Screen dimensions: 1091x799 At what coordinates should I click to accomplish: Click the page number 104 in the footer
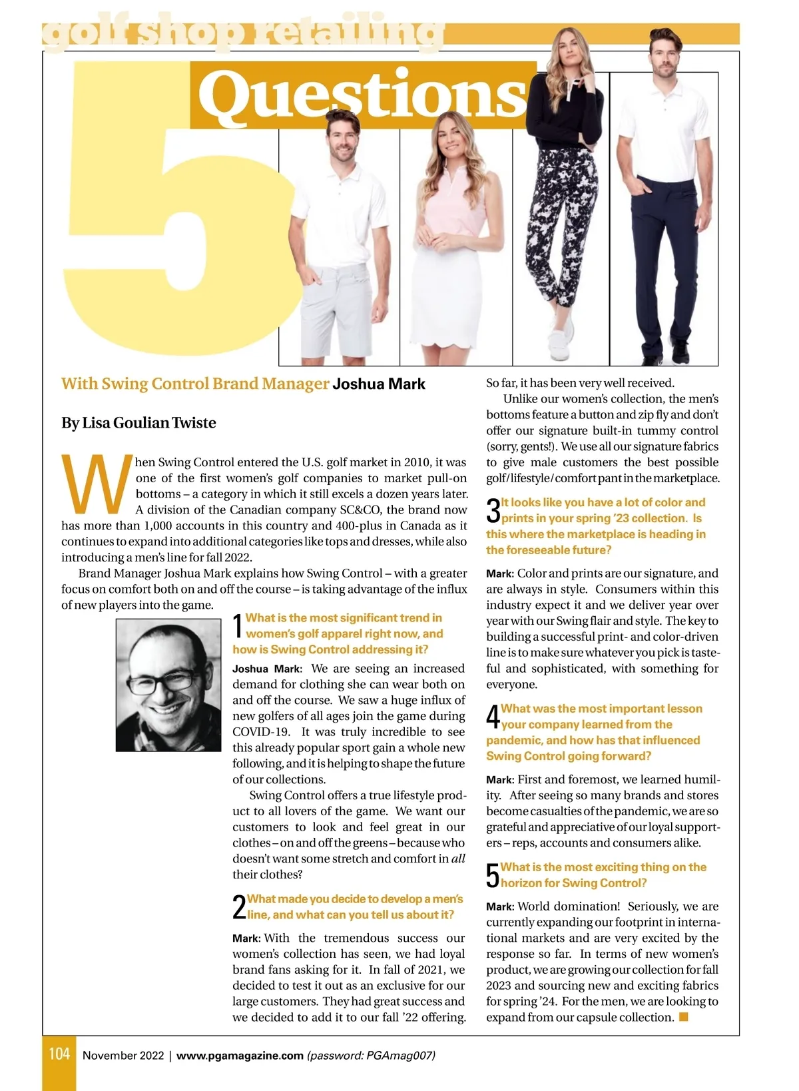click(59, 1054)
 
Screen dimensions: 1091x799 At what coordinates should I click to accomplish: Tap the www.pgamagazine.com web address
click(240, 1056)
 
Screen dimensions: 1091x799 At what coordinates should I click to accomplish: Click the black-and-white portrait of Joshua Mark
click(168, 685)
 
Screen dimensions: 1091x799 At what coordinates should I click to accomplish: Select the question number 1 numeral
click(238, 627)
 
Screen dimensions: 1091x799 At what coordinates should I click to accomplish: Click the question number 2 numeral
click(239, 907)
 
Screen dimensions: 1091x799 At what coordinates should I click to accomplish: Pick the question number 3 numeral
click(493, 511)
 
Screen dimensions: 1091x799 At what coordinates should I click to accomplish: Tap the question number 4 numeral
click(493, 717)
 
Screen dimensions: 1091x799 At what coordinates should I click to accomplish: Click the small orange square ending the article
click(683, 1017)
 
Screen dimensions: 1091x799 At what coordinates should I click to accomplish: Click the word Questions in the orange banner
click(363, 95)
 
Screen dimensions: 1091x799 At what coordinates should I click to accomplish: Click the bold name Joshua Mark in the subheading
click(379, 384)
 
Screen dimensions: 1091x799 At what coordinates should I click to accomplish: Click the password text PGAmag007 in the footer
click(399, 1056)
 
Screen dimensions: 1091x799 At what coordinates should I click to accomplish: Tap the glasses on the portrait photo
click(163, 682)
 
